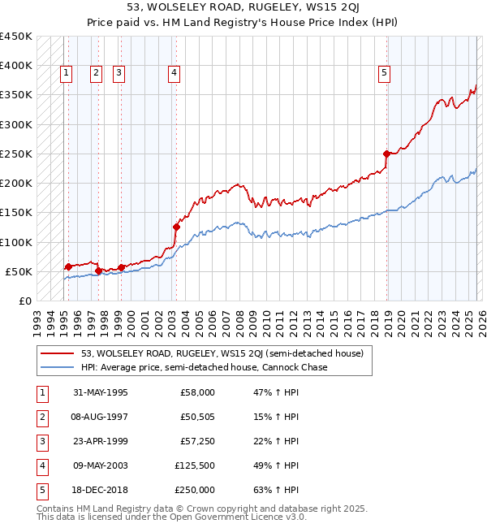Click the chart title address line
pyautogui.click(x=243, y=7)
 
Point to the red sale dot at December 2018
pyautogui.click(x=386, y=154)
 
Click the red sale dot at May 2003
pyautogui.click(x=175, y=227)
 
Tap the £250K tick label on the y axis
pyautogui.click(x=15, y=154)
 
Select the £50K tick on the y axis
pyautogui.click(x=19, y=271)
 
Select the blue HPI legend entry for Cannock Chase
pyautogui.click(x=203, y=367)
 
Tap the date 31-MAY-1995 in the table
pyautogui.click(x=100, y=392)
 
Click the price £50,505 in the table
pyautogui.click(x=198, y=417)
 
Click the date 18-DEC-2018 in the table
pyautogui.click(x=100, y=490)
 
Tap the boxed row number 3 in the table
pyautogui.click(x=41, y=441)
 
